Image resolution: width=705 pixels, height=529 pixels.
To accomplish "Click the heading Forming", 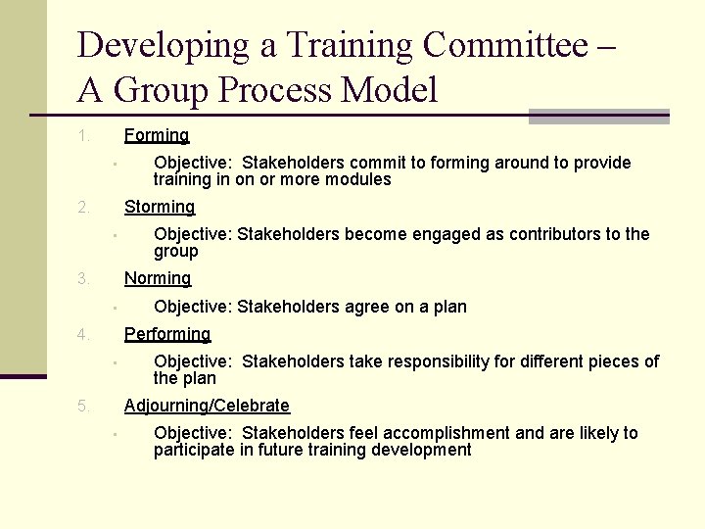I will pos(157,135).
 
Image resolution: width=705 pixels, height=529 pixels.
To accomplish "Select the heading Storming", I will pos(160,207).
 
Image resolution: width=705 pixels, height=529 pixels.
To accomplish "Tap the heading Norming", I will pos(158,278).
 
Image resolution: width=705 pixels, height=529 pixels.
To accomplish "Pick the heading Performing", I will pos(167,334).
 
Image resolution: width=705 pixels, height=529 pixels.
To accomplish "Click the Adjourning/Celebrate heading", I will pos(207,406).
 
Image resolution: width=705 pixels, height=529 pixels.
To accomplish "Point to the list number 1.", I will pos(84,135).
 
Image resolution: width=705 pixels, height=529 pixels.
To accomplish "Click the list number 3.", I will pos(84,278).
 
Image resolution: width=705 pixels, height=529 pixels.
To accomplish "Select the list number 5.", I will pos(84,406).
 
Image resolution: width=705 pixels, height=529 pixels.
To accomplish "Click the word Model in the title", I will pos(390,90).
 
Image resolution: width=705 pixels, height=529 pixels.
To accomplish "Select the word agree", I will pos(361,307).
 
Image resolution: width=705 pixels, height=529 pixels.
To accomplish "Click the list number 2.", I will pos(84,207).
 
